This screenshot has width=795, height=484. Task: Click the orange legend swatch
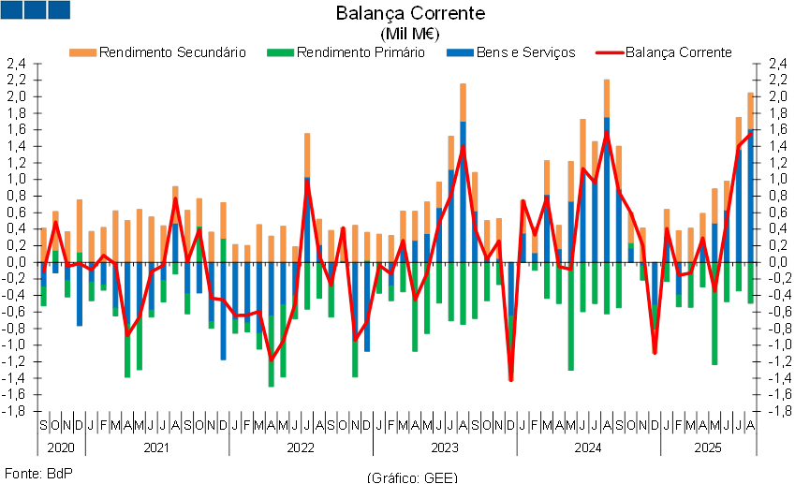(x=82, y=52)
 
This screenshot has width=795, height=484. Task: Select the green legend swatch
(x=281, y=52)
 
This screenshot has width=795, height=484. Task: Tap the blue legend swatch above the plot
(x=460, y=52)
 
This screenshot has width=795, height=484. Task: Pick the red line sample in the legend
(x=610, y=52)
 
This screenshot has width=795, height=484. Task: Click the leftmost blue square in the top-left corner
(x=11, y=9)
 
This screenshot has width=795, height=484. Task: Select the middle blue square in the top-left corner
(x=35, y=9)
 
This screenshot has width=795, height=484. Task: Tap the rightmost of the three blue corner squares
(x=58, y=9)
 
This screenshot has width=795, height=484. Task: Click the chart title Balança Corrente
(x=412, y=13)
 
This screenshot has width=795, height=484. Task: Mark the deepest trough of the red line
(x=511, y=380)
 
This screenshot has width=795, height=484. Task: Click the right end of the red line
(x=751, y=133)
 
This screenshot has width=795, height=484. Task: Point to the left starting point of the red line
(x=43, y=272)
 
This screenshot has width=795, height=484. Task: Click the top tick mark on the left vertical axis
(x=37, y=64)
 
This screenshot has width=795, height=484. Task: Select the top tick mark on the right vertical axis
(x=758, y=64)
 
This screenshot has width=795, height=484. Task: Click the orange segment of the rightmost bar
(x=751, y=111)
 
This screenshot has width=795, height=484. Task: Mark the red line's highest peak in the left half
(x=307, y=182)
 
